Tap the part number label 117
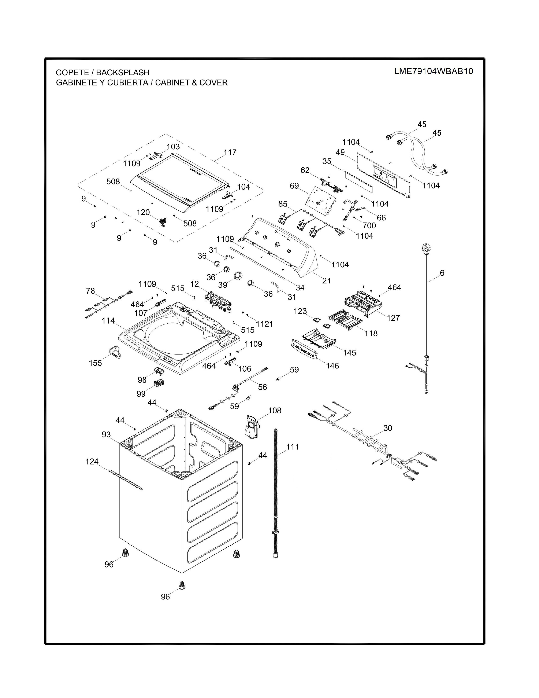(230, 153)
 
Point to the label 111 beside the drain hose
(293, 447)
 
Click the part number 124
(92, 462)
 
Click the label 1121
(264, 324)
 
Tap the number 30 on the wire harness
(387, 428)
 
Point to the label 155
(96, 363)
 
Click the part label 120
(143, 212)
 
